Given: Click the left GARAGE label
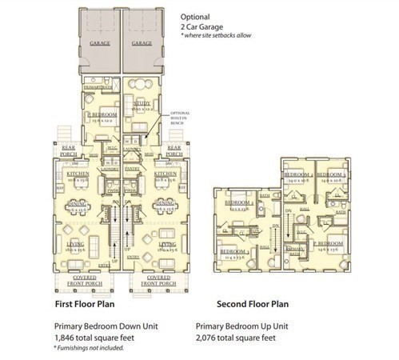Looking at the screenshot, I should click(100, 42).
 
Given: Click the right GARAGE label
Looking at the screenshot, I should click(142, 42).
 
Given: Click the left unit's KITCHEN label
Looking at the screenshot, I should click(78, 173).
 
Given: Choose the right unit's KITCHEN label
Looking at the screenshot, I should click(165, 173).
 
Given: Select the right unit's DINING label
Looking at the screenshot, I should click(166, 203).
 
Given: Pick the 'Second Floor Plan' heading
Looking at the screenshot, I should click(253, 305).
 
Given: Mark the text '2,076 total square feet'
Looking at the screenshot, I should click(240, 338).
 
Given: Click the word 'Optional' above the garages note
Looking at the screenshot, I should click(196, 16).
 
